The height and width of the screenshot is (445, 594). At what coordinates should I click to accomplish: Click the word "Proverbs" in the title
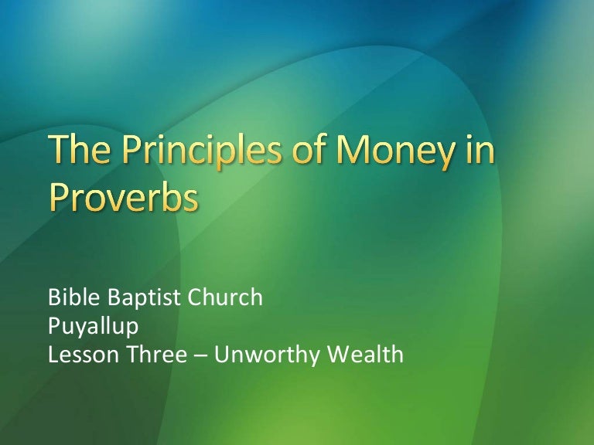[125, 196]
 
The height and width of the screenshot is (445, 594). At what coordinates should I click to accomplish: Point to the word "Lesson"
[76, 355]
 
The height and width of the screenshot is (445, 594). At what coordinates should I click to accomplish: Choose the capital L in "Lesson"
[53, 355]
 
